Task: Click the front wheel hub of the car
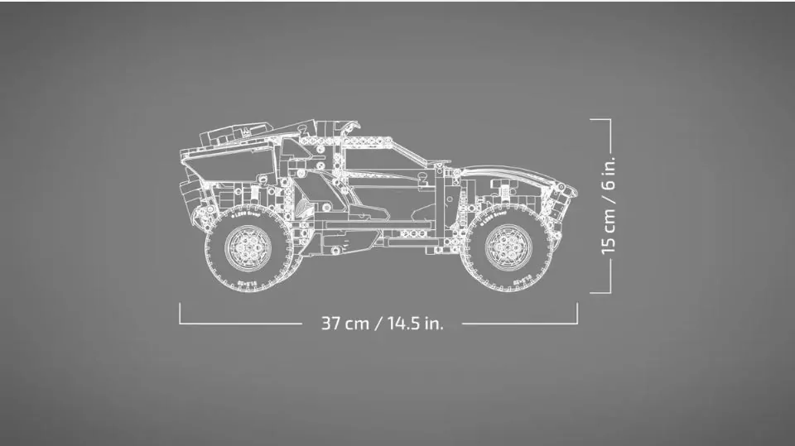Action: click(x=507, y=246)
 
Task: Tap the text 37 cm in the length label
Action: click(x=344, y=323)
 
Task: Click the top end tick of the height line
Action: click(x=601, y=119)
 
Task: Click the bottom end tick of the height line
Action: click(x=601, y=291)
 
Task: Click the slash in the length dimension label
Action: click(x=378, y=323)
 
